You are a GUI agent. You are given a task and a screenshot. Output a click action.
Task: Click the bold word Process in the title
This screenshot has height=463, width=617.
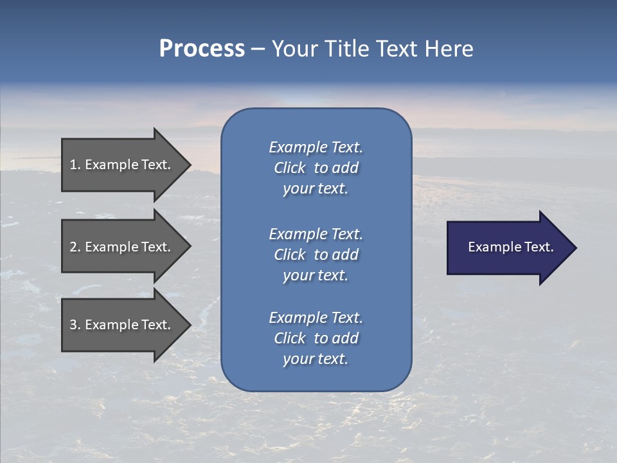point(202,49)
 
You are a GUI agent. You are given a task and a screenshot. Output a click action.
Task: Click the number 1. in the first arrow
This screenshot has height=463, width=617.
point(75,165)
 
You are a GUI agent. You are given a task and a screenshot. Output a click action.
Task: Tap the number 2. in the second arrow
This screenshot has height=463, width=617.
point(75,247)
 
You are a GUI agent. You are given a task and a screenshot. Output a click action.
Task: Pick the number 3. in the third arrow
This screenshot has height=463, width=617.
point(75,325)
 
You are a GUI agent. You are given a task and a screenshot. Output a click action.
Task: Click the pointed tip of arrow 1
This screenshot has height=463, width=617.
point(190,165)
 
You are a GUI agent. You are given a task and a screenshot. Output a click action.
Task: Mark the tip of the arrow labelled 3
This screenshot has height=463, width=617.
point(190,325)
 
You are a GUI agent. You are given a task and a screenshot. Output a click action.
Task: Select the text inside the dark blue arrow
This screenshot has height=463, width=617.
point(510,247)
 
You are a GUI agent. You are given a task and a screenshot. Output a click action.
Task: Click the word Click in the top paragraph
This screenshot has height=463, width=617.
point(290,168)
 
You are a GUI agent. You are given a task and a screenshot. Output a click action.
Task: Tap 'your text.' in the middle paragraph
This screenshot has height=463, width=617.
point(316,275)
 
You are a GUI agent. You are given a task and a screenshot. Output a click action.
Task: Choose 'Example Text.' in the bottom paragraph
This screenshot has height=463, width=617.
point(316,318)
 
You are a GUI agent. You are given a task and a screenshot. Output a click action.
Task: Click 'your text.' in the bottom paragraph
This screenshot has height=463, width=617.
point(316,359)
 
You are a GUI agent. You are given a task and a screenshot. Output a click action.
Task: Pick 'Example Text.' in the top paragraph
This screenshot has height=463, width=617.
point(316,147)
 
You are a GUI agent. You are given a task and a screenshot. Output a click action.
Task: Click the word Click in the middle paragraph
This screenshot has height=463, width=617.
point(290,255)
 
